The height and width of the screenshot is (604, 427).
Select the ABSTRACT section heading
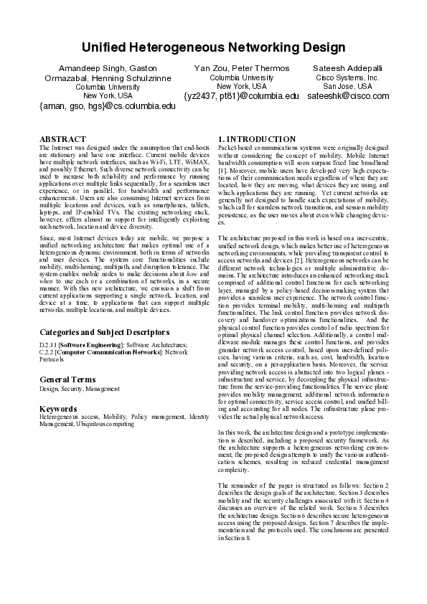[62, 138]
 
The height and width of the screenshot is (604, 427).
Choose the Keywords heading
[58, 408]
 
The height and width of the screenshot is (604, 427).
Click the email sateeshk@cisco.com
[347, 95]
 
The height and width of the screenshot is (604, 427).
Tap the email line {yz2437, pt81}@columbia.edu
[241, 95]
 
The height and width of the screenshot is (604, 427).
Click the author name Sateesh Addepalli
[347, 67]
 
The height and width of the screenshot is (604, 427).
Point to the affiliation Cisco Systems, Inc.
[347, 77]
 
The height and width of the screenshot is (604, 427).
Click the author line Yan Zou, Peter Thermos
[241, 67]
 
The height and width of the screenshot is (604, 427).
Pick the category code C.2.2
[48, 352]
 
